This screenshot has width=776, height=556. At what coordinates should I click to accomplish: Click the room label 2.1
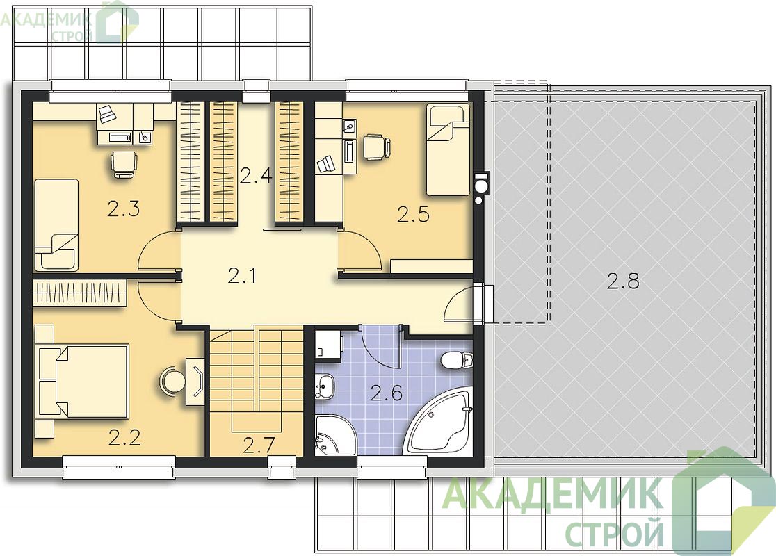click(242, 275)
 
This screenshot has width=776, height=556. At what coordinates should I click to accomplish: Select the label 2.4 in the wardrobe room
click(256, 176)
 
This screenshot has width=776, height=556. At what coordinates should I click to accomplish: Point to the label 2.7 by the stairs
click(259, 445)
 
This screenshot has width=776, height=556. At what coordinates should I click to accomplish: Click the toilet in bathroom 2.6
click(454, 359)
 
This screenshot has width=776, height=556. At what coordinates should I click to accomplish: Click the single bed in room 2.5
click(448, 149)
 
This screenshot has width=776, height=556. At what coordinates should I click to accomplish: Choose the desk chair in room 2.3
click(123, 163)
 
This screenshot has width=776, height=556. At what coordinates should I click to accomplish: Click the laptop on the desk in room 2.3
click(106, 114)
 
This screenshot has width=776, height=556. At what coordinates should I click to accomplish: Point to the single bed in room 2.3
click(56, 224)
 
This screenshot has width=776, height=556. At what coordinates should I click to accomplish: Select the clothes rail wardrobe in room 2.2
click(79, 293)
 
